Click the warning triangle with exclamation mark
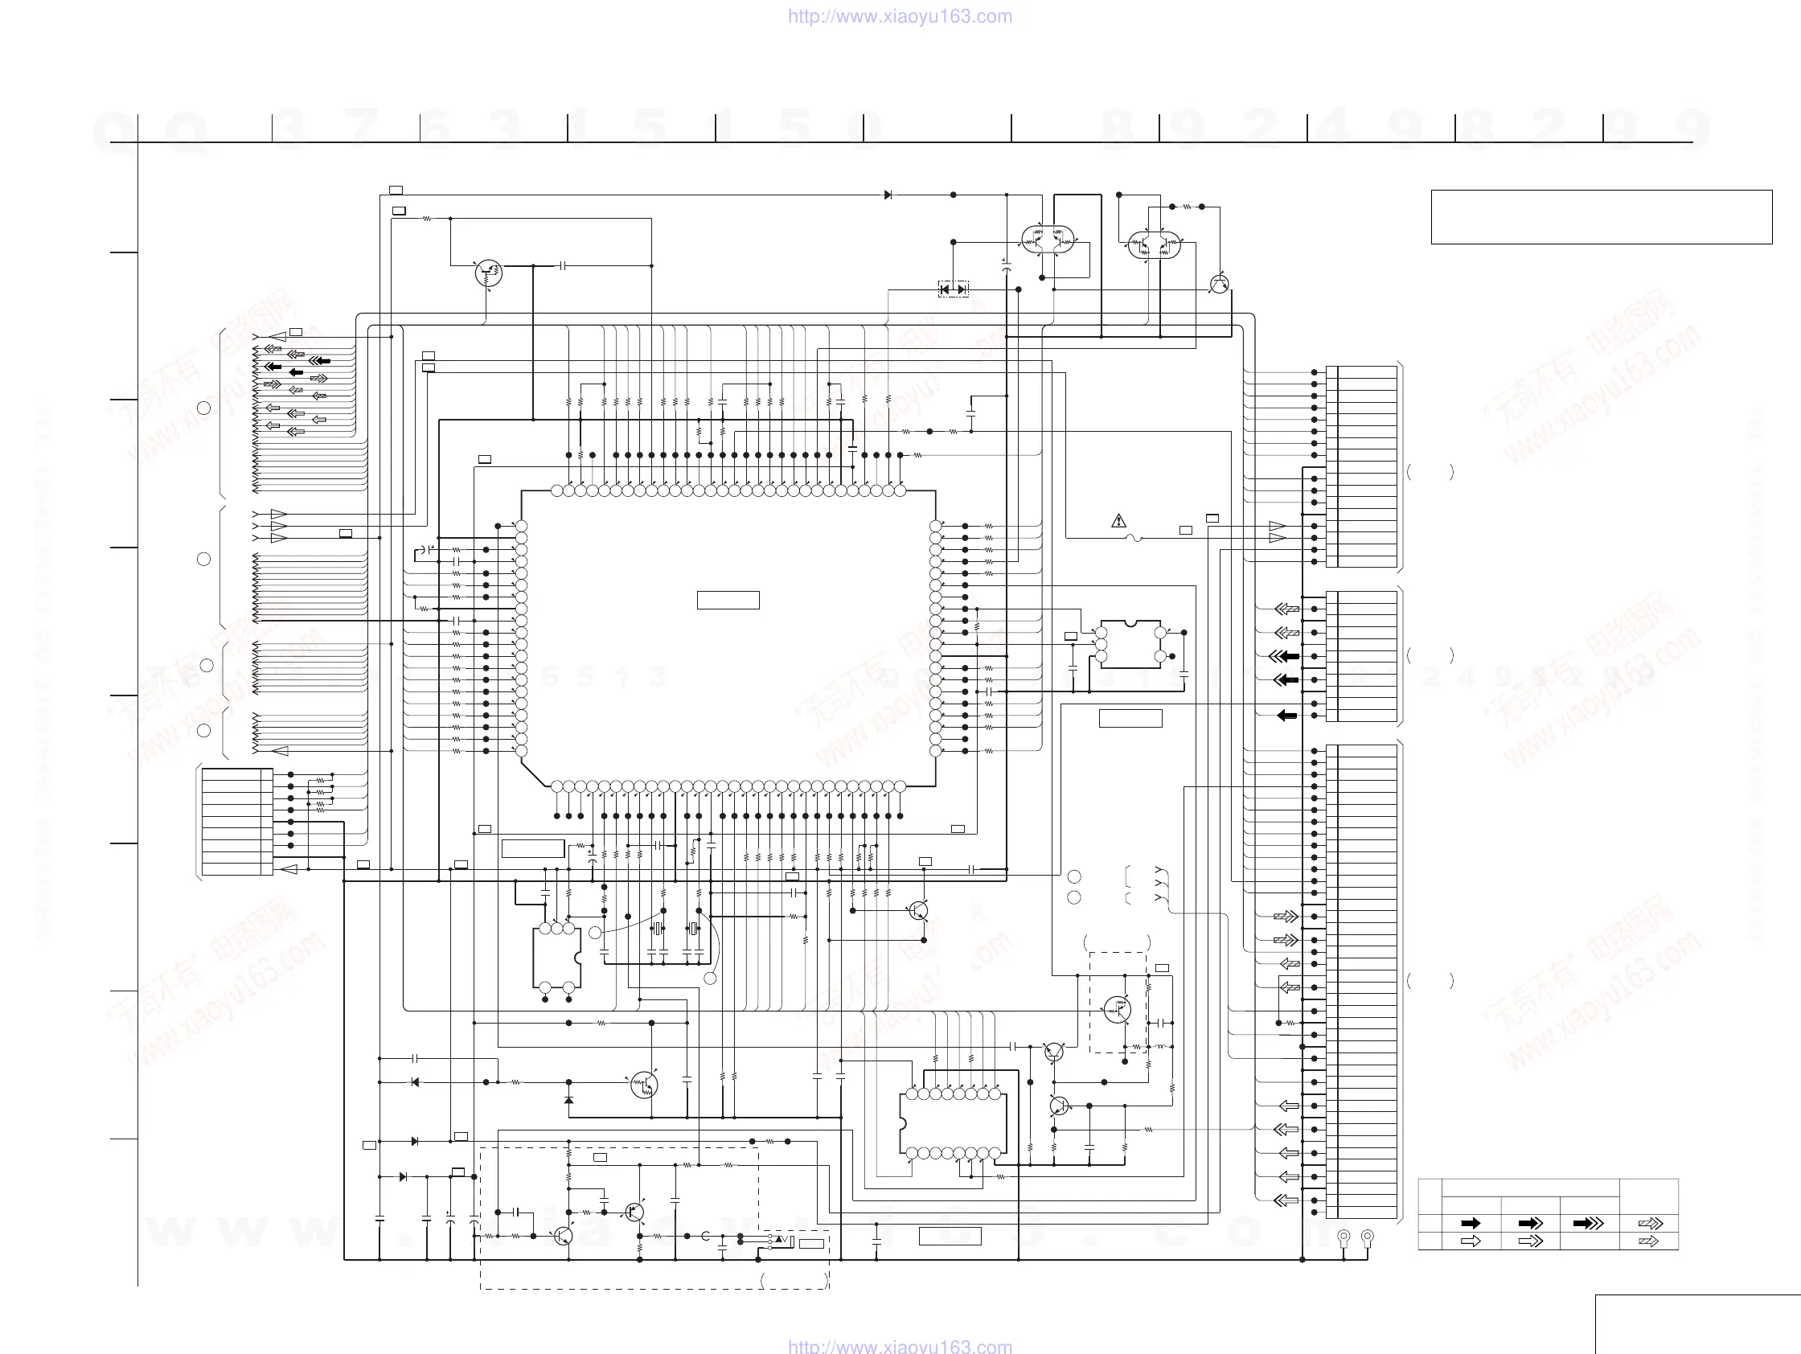1118,520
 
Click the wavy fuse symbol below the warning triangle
1133,538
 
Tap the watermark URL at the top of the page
900,16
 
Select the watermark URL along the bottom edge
900,1346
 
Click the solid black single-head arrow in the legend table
1471,1223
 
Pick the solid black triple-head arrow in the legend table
1589,1223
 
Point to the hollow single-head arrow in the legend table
1471,1241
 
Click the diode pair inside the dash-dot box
954,289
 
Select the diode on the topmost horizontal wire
888,195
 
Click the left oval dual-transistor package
1048,240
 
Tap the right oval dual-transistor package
1154,244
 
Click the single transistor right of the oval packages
1219,284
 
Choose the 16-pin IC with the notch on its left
953,1123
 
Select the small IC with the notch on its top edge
1130,644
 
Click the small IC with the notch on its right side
557,958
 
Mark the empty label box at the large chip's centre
728,600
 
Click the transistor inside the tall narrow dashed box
1117,1010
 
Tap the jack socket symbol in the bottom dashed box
782,1240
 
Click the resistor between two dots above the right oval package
1187,207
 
